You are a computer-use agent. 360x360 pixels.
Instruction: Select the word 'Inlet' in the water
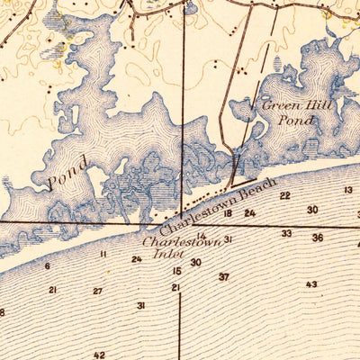click(166, 253)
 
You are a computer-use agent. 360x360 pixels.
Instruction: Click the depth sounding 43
click(311, 284)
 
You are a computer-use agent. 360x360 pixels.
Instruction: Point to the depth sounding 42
click(99, 355)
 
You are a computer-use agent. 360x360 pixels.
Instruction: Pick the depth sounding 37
click(223, 276)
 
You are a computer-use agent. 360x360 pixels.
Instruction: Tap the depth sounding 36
click(318, 238)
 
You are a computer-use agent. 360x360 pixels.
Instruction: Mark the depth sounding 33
click(286, 233)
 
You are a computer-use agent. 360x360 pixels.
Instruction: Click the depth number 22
click(284, 195)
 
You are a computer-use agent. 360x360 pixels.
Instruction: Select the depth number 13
click(348, 190)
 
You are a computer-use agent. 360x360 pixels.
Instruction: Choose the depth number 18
click(228, 213)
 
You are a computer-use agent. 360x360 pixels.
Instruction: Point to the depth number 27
click(97, 291)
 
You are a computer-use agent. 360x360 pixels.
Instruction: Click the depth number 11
click(103, 255)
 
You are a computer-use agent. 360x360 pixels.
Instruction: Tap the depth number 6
click(47, 266)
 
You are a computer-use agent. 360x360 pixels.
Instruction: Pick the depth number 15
click(176, 271)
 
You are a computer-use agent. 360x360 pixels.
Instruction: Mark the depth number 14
click(202, 236)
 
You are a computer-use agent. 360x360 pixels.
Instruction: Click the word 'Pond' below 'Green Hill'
click(296, 120)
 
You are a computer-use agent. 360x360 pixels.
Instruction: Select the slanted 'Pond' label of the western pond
click(67, 171)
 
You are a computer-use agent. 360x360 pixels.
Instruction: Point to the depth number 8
click(3, 312)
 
